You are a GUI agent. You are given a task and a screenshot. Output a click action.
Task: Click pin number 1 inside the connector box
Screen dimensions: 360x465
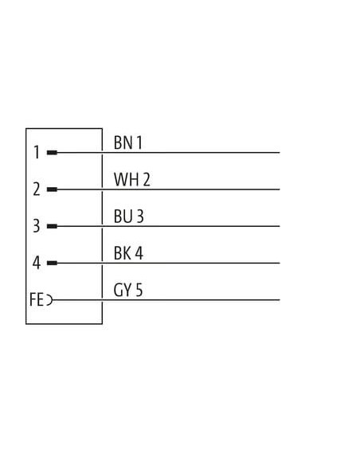click(x=37, y=152)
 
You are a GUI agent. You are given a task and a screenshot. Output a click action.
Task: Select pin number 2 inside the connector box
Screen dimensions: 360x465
click(x=37, y=190)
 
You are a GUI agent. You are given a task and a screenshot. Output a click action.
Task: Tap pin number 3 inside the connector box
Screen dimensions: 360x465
click(x=36, y=226)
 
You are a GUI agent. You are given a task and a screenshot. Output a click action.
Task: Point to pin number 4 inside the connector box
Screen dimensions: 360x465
click(x=37, y=263)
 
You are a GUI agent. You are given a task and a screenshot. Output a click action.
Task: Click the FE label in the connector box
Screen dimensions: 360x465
click(x=37, y=299)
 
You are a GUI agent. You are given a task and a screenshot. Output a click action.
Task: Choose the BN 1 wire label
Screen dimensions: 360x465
click(x=128, y=143)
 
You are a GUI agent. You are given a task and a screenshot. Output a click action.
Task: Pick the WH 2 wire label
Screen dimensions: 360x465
click(x=132, y=179)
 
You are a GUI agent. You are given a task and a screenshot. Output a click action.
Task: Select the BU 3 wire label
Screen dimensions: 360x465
click(x=129, y=216)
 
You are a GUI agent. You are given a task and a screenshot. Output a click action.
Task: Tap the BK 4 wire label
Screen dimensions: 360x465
click(x=128, y=252)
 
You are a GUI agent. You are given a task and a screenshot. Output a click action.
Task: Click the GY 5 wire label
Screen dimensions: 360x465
click(x=128, y=290)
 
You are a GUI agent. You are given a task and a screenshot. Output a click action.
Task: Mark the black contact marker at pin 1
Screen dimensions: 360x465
click(x=53, y=153)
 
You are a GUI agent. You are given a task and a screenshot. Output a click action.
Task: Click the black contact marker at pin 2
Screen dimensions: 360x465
click(x=53, y=190)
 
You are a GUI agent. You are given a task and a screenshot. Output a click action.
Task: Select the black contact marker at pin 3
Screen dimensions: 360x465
click(x=53, y=226)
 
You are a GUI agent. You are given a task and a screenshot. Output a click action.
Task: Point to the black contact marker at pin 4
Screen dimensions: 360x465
click(x=53, y=263)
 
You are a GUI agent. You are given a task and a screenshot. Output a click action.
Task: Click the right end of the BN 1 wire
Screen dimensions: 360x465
click(x=280, y=153)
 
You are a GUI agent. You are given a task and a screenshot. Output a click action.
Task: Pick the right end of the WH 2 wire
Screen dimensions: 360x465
click(x=280, y=190)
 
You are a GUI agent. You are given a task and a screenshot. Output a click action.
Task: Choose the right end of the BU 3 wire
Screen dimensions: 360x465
click(x=280, y=226)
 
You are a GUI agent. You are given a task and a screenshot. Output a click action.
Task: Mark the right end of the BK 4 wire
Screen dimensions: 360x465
click(x=280, y=263)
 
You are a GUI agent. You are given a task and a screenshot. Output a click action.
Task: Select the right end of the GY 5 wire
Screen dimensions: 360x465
click(x=280, y=300)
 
